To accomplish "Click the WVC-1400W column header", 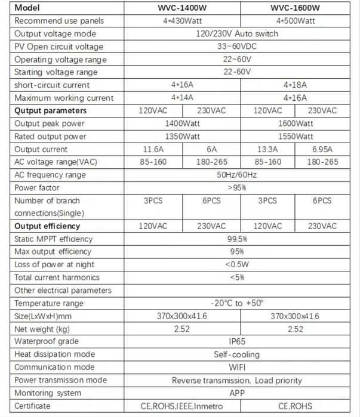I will pyautogui.click(x=181, y=8).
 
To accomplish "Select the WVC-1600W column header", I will pyautogui.click(x=295, y=8).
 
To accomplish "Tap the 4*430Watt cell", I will pyautogui.click(x=181, y=21).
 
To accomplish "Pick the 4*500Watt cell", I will pyautogui.click(x=295, y=21).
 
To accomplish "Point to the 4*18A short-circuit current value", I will pyautogui.click(x=295, y=85).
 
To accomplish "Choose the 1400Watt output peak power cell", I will pyautogui.click(x=181, y=123).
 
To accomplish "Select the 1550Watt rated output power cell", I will pyautogui.click(x=295, y=137).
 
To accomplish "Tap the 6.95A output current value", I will pyautogui.click(x=322, y=149).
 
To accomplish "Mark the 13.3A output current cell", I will pyautogui.click(x=267, y=149).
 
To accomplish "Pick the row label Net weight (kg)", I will pyautogui.click(x=42, y=329).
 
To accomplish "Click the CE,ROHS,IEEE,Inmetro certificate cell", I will pyautogui.click(x=181, y=406).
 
